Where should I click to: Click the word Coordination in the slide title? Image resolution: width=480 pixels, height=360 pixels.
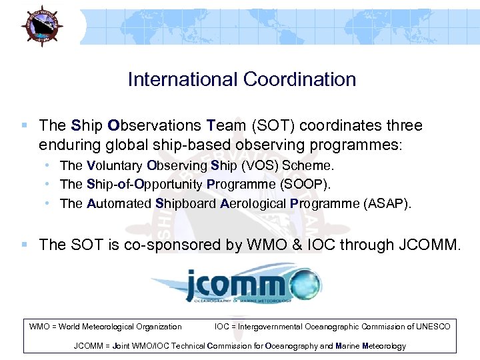[299, 79]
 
